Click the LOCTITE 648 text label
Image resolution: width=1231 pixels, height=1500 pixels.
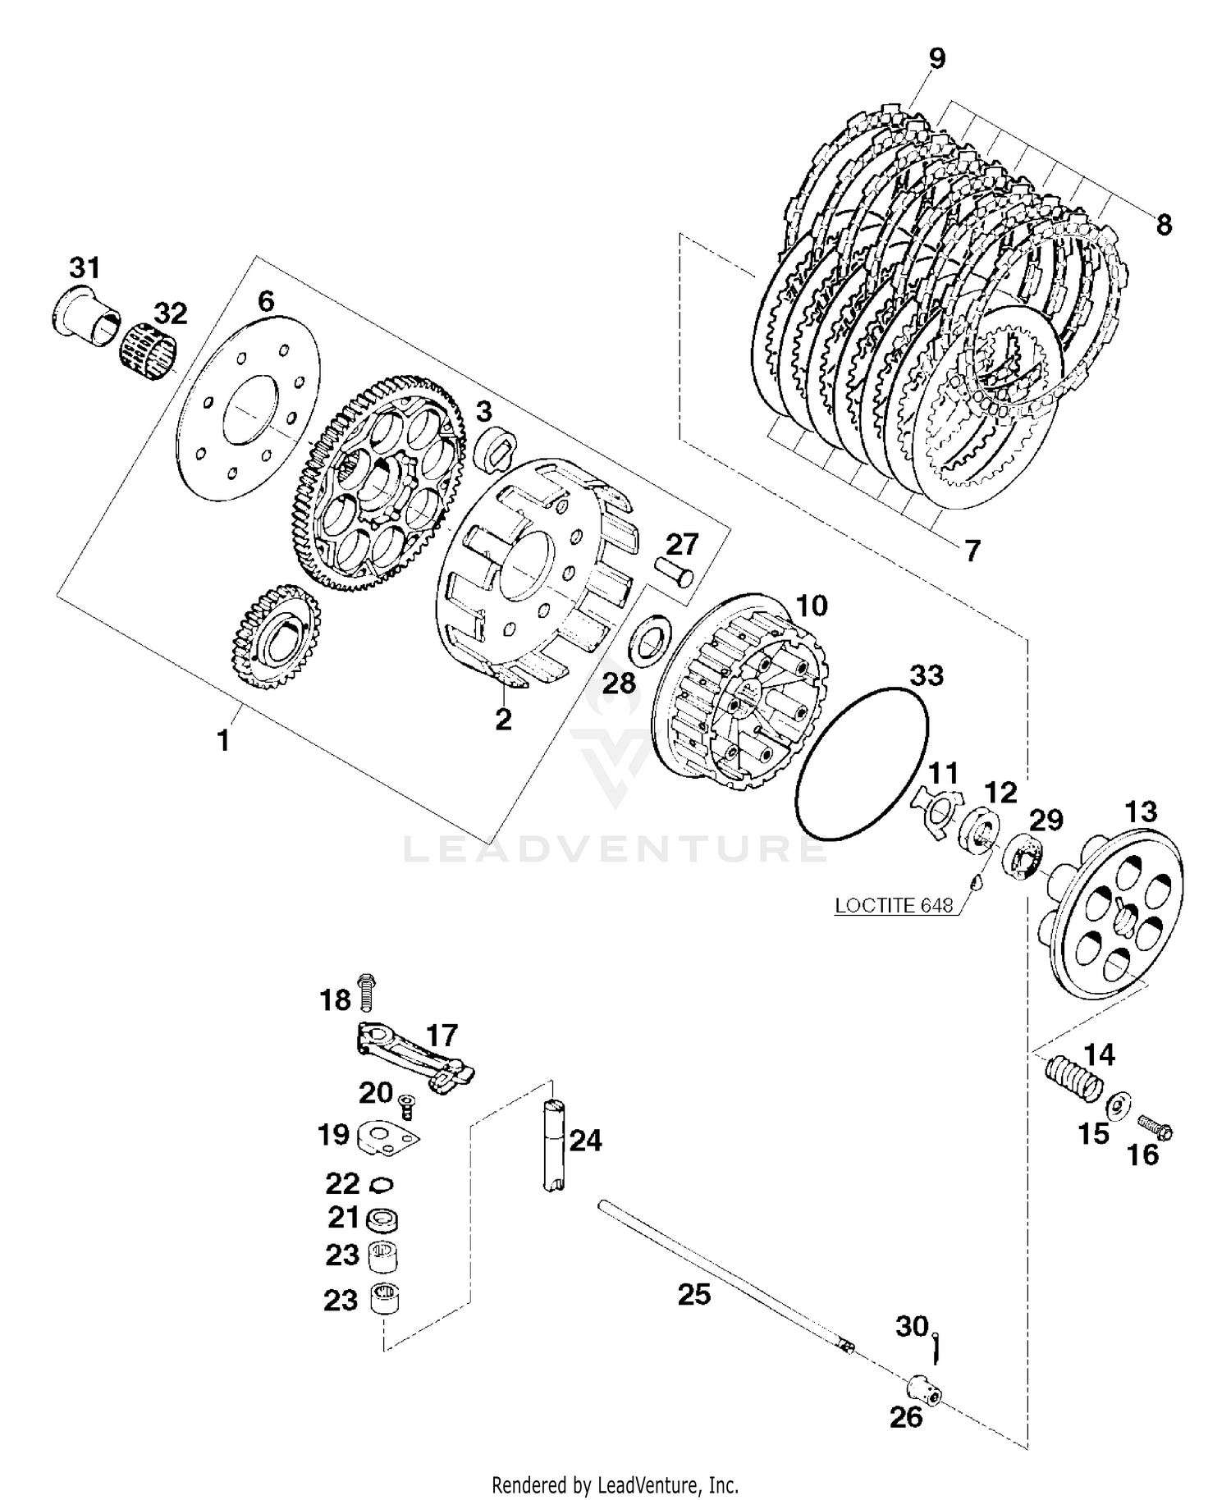(894, 905)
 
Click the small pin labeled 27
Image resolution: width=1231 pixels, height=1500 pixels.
(675, 570)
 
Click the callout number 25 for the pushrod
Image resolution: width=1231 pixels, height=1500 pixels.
(693, 1295)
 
